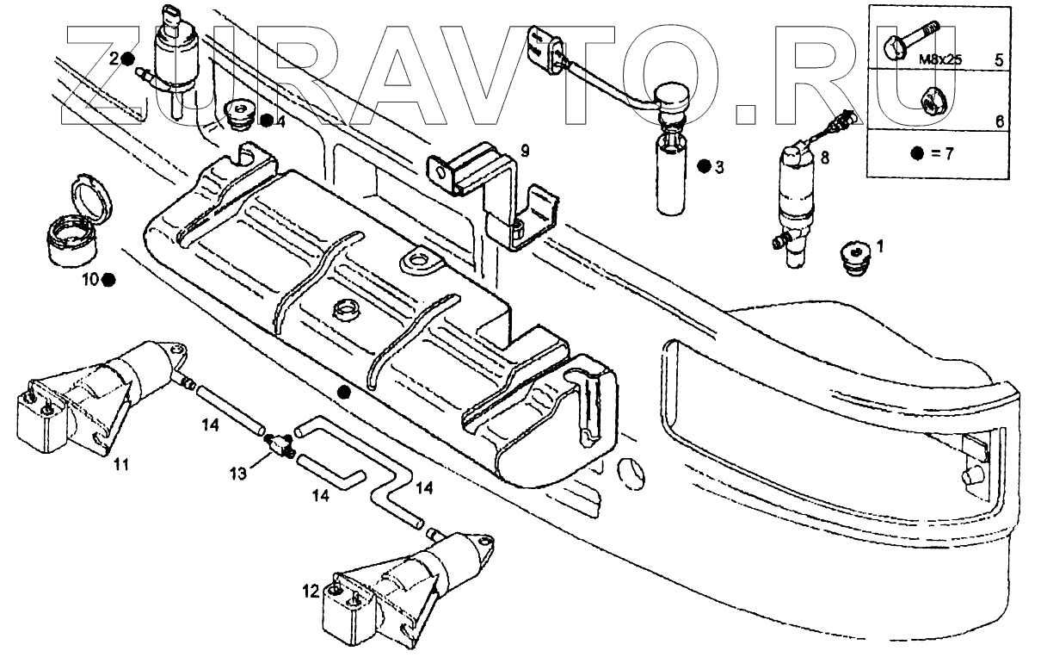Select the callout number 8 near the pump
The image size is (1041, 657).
point(825,158)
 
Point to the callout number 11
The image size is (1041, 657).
point(121,465)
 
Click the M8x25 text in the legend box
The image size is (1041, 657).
point(935,60)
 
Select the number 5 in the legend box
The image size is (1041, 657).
point(999,60)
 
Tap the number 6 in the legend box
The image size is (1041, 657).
point(1000,121)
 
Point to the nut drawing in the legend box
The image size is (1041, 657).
point(933,100)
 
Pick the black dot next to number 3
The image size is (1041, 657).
point(704,166)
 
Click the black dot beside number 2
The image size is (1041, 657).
point(127,59)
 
